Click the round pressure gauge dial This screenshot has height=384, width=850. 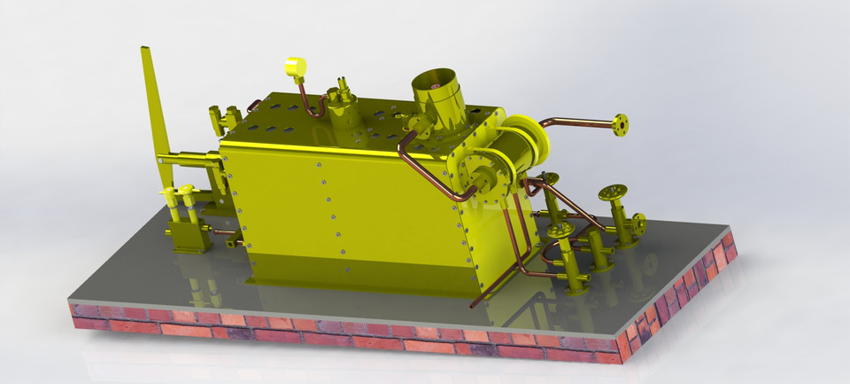(x=296, y=66)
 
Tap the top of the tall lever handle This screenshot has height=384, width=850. (x=145, y=53)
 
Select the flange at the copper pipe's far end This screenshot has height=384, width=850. (x=622, y=124)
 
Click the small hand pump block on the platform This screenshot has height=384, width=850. (x=189, y=236)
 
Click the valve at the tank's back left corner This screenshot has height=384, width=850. (x=225, y=119)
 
